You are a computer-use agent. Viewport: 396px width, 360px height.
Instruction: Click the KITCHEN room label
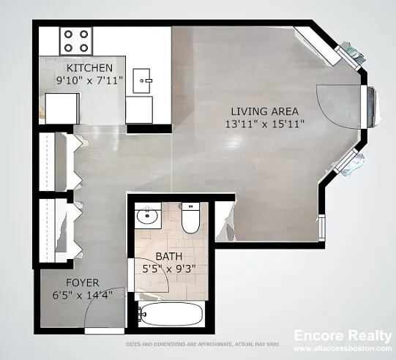click(89, 68)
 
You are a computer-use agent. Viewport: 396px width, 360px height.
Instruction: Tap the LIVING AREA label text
click(265, 111)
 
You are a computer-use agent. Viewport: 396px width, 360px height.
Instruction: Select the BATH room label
click(169, 256)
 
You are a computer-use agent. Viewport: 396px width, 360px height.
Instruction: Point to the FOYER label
click(83, 282)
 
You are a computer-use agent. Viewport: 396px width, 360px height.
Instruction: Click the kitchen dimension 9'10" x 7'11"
click(89, 80)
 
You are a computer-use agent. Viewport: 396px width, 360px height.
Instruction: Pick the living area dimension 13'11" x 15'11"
click(265, 124)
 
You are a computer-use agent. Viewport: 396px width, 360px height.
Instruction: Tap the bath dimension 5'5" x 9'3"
click(169, 269)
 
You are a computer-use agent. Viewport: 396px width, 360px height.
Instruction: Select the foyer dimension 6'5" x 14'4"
click(83, 295)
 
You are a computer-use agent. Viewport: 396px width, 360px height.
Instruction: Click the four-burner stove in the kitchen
click(76, 41)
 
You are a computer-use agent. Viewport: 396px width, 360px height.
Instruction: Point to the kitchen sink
click(142, 80)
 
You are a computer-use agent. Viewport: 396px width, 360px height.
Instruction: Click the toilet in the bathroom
click(191, 218)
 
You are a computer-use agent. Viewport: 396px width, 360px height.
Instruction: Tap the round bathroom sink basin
click(147, 217)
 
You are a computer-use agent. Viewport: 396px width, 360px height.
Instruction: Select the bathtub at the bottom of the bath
click(171, 315)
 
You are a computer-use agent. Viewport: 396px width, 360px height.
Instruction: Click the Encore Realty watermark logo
click(343, 336)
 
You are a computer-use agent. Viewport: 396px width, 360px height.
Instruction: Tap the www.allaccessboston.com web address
click(343, 348)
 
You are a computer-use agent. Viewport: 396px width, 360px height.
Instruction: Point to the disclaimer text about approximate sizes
click(203, 344)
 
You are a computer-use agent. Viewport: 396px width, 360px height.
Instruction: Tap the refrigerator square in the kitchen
click(62, 108)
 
